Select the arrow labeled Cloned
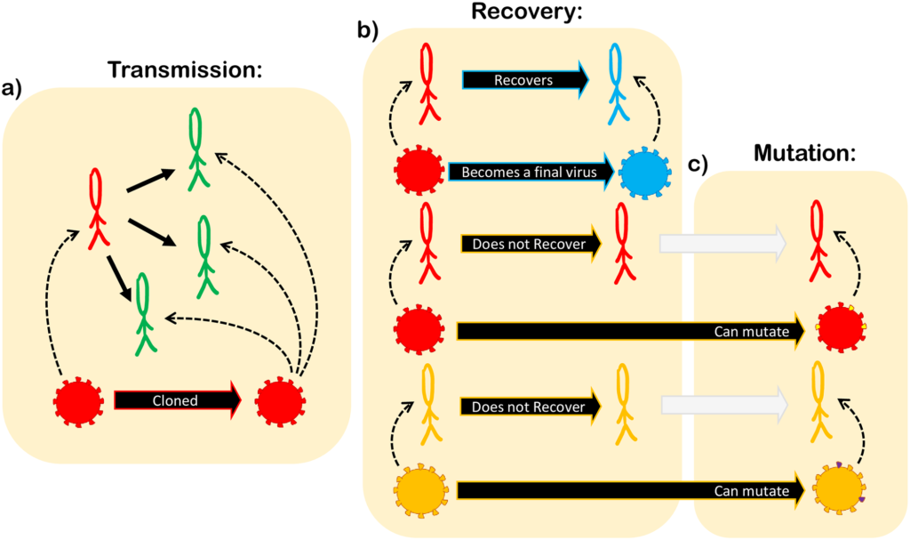tap(176, 400)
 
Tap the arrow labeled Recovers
tap(523, 79)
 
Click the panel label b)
tap(367, 29)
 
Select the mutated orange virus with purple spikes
tap(838, 490)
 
